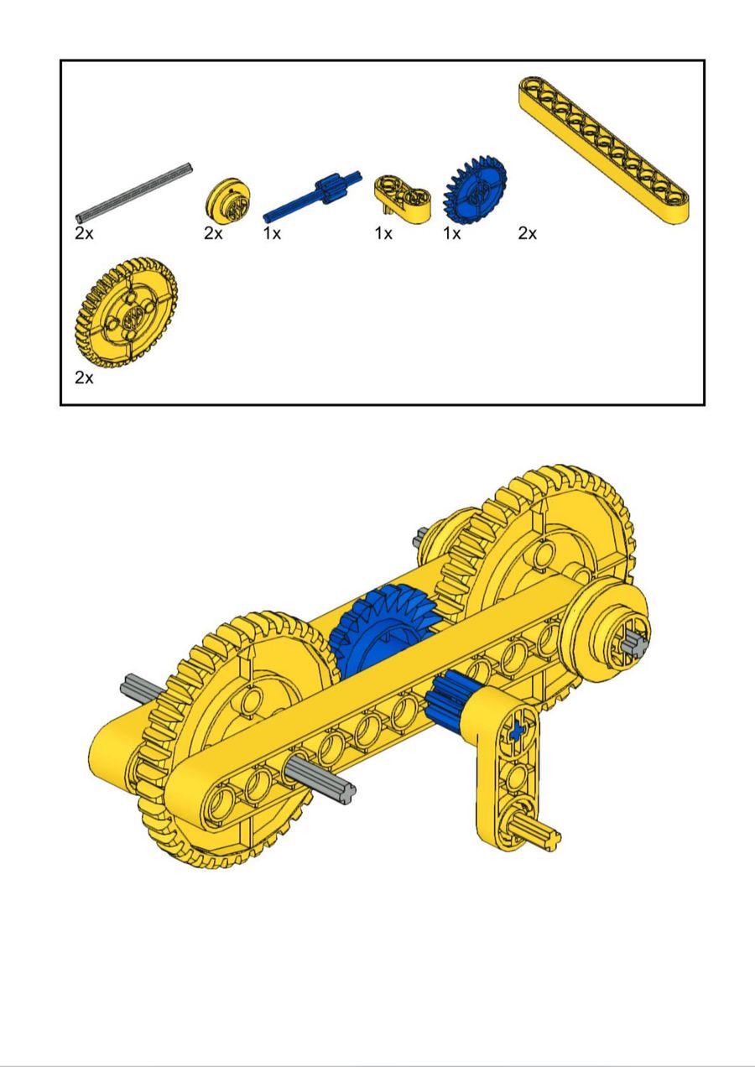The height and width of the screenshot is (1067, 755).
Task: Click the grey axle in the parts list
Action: click(x=134, y=193)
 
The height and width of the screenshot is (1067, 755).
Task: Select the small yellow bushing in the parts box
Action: click(x=228, y=201)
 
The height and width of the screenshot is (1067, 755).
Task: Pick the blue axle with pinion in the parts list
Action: click(x=312, y=196)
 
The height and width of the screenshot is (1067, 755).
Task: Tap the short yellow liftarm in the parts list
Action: click(x=402, y=197)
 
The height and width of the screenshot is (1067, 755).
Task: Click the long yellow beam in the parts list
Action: click(x=603, y=148)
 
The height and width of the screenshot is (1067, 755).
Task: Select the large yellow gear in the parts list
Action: click(x=126, y=313)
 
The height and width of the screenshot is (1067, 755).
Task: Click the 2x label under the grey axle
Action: click(x=85, y=233)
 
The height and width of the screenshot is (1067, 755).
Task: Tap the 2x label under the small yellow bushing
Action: click(x=213, y=233)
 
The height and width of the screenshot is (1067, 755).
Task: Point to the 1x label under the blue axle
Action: click(x=272, y=233)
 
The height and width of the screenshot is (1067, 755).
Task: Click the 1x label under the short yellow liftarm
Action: click(x=383, y=233)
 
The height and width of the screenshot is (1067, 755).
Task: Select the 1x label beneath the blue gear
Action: click(x=452, y=233)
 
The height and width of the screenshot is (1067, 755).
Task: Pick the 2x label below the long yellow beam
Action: click(x=528, y=233)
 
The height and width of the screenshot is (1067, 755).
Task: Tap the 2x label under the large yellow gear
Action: click(x=85, y=377)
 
